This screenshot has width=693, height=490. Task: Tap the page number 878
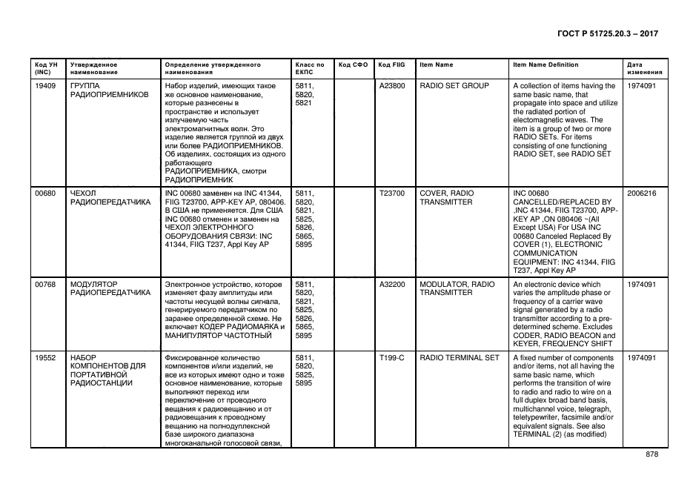(651, 454)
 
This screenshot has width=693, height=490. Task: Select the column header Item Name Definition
(546, 65)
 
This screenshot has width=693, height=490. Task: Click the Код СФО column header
(353, 65)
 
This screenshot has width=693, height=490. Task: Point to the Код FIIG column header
(391, 65)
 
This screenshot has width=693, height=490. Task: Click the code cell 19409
(45, 86)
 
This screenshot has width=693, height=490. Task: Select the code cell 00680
(45, 193)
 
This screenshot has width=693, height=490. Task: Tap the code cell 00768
(45, 285)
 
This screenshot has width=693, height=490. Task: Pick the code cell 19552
(45, 358)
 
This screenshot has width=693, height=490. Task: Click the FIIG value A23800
(392, 86)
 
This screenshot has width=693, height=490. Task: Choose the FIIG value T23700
(392, 193)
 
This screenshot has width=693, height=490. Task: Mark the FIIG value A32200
(392, 285)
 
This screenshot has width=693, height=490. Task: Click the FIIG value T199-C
(392, 358)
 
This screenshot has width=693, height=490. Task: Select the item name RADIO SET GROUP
(454, 86)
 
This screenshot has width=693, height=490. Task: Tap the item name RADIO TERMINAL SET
(460, 358)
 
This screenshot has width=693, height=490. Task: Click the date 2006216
(642, 193)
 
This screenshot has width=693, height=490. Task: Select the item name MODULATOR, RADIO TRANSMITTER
(457, 288)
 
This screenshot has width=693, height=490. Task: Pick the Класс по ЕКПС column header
(309, 69)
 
